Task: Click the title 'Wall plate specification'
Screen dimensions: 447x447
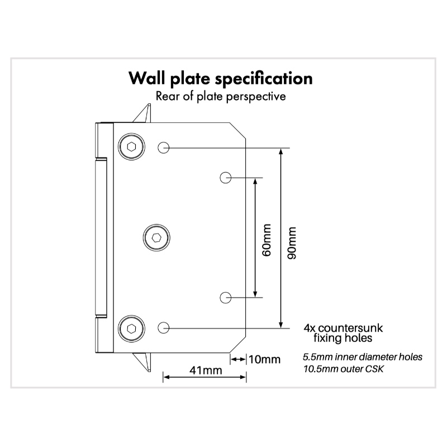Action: tap(221, 78)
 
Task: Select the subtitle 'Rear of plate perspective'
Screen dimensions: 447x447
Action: tap(221, 96)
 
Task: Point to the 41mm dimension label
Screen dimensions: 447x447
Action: tap(205, 370)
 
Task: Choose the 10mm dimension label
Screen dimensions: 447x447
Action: tap(264, 359)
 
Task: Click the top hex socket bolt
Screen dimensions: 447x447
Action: tap(131, 148)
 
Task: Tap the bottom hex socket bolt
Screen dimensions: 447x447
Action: tap(131, 327)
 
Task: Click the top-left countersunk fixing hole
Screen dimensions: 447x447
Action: tap(164, 148)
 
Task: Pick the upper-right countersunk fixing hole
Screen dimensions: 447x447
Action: tap(225, 178)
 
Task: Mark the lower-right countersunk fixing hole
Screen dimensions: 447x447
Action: tap(225, 297)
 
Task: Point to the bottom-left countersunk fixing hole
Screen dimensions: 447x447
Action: tap(164, 327)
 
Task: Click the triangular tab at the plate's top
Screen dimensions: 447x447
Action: tap(145, 113)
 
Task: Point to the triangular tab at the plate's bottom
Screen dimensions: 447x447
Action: tap(145, 362)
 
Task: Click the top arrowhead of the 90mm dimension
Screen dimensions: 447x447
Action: tap(281, 152)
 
